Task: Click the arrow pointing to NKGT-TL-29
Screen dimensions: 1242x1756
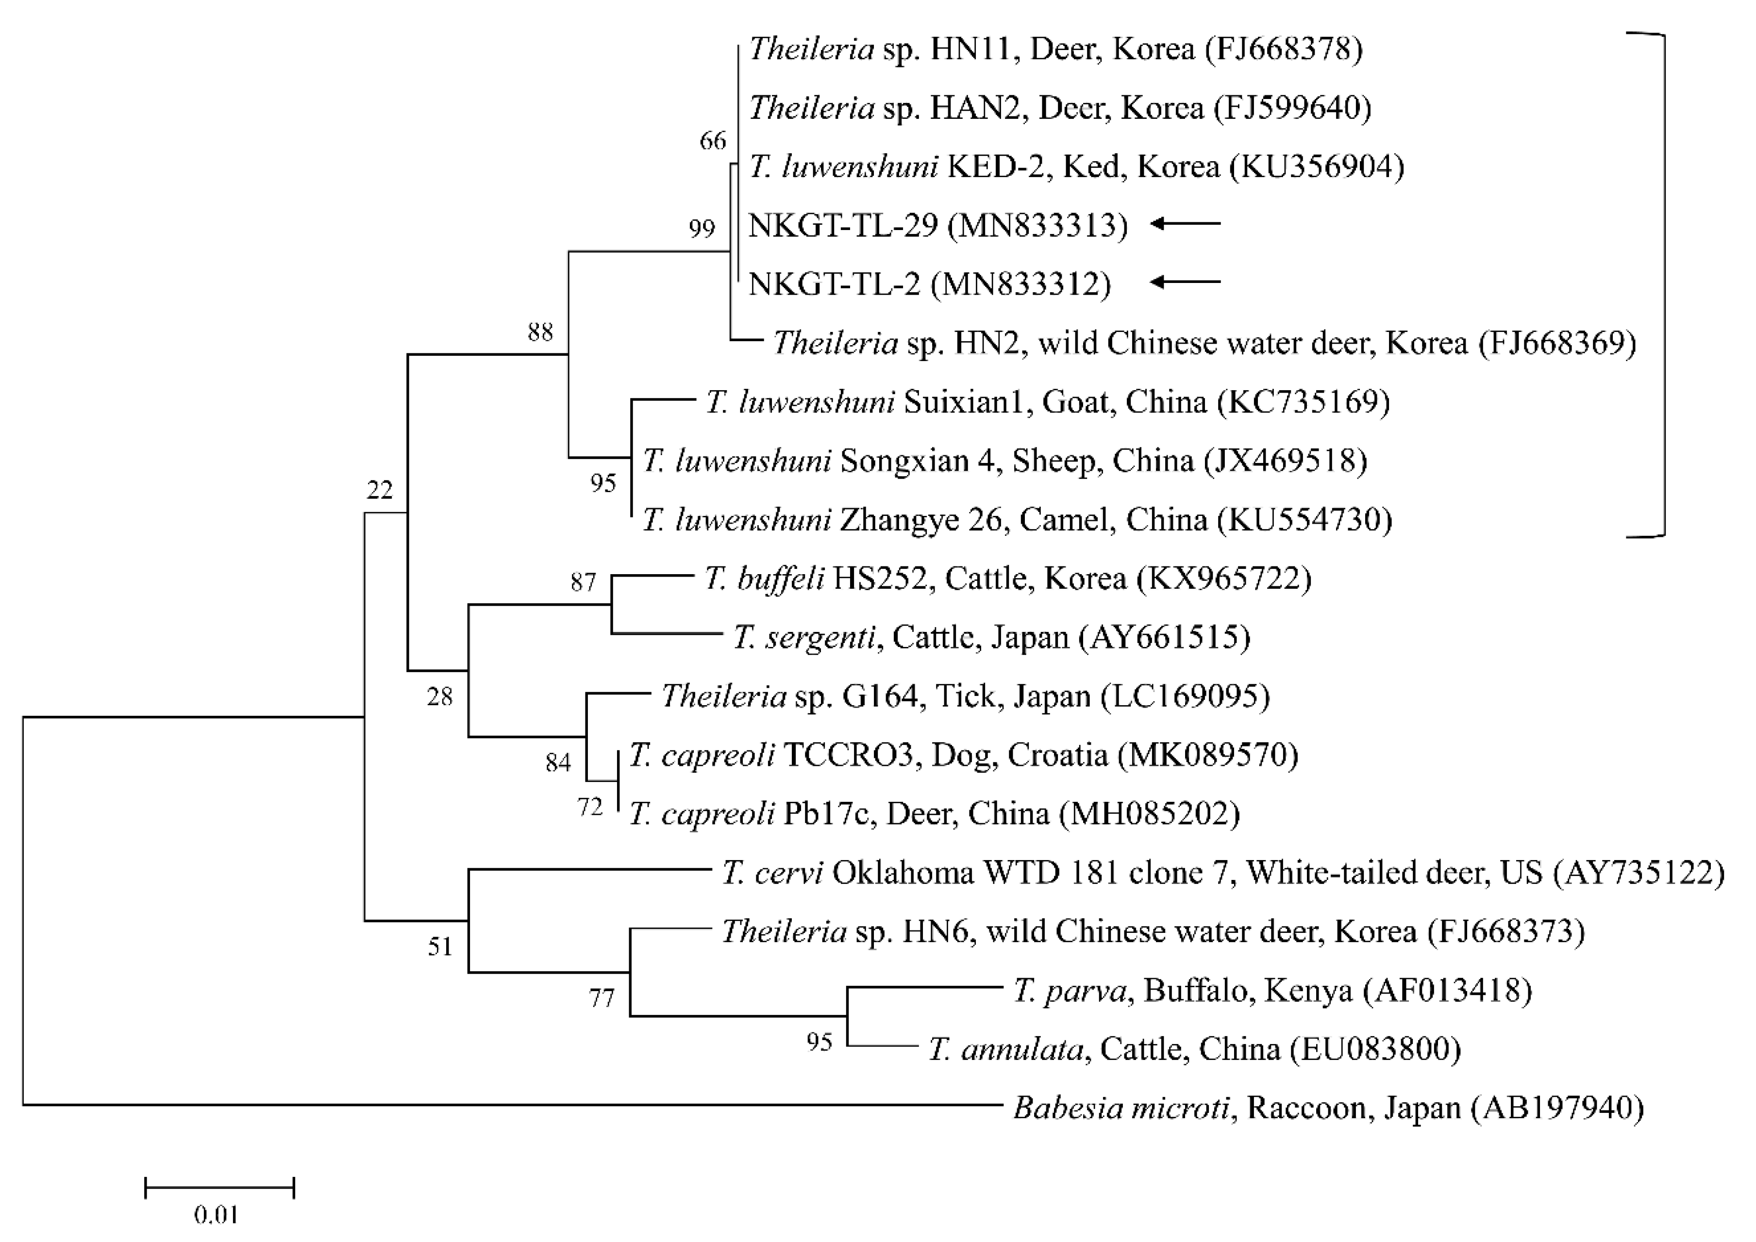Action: pyautogui.click(x=1186, y=224)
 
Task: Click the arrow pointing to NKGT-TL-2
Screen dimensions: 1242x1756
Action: pyautogui.click(x=1186, y=282)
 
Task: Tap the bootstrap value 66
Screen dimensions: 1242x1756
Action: pyautogui.click(x=713, y=141)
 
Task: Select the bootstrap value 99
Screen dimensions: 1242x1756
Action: pyautogui.click(x=702, y=229)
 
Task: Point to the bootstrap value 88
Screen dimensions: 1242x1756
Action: pyautogui.click(x=540, y=332)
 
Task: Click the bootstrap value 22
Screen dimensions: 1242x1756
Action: pyautogui.click(x=379, y=489)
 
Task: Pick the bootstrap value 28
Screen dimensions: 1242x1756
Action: pyautogui.click(x=440, y=696)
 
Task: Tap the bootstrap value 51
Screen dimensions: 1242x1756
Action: pyautogui.click(x=440, y=947)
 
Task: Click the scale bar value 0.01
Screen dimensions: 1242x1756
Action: pyautogui.click(x=217, y=1214)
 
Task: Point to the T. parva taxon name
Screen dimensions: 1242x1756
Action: pyautogui.click(x=1070, y=991)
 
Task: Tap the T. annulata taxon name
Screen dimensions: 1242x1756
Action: pyautogui.click(x=1006, y=1049)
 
